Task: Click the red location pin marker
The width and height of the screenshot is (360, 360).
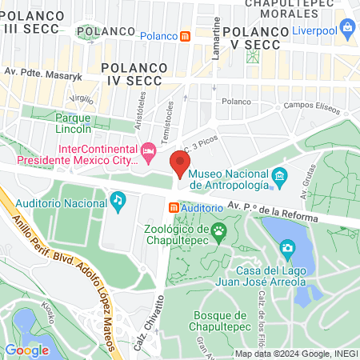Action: pos(180,164)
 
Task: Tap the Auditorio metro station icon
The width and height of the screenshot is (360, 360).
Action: pos(173,207)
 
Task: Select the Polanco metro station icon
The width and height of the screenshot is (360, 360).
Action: pos(186,36)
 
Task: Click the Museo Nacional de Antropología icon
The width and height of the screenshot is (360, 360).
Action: pos(280,175)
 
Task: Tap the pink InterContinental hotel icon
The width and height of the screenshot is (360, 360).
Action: pos(148,151)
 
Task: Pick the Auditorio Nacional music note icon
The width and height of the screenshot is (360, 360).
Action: pos(118,199)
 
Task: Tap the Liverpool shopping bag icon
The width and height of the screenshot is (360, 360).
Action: pos(347,30)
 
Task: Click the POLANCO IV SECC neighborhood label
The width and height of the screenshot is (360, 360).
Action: pos(134,69)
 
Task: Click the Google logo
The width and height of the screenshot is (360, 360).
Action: pos(26,350)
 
